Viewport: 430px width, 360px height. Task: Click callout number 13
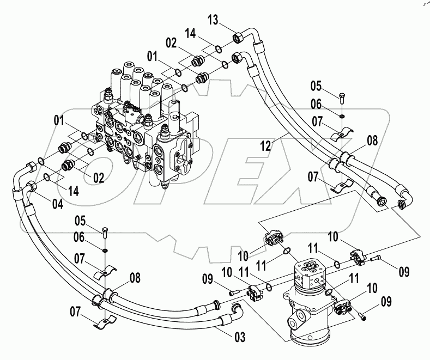212,21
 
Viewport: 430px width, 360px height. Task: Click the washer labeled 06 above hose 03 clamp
104,250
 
